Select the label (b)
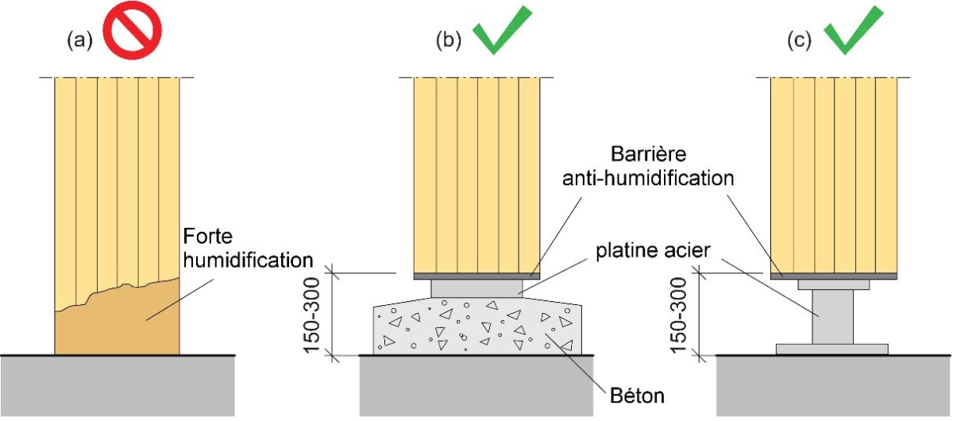click(x=449, y=41)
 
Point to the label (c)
click(x=800, y=41)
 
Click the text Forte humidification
click(x=243, y=248)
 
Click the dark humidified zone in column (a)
click(x=117, y=326)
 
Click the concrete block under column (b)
click(x=476, y=326)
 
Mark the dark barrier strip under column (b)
click(x=476, y=276)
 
